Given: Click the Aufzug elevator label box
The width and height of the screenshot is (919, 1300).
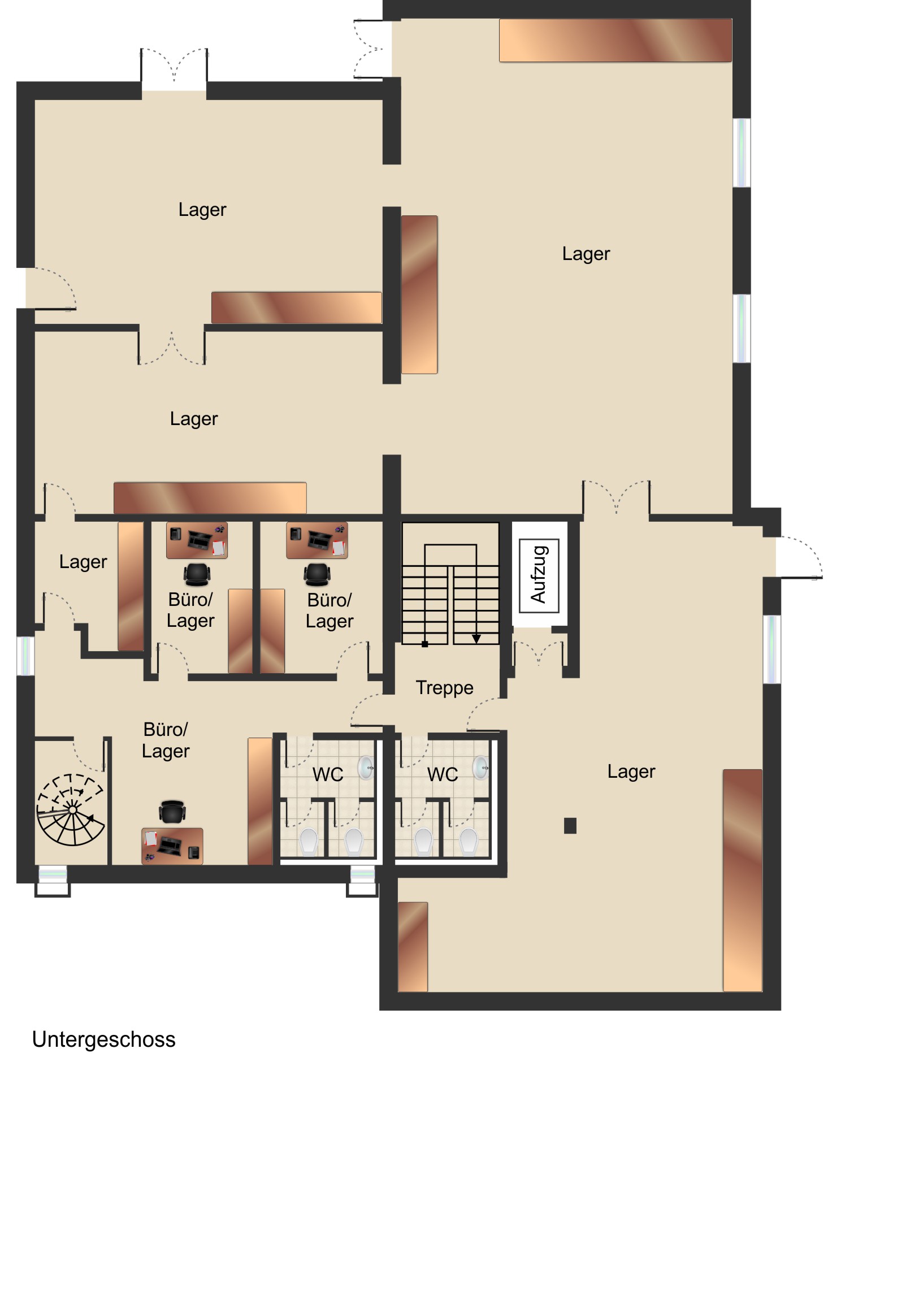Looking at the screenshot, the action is point(539,575).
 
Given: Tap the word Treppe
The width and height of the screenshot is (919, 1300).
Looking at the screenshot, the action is point(444,688).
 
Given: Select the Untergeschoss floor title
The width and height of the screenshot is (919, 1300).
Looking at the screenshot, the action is point(103,1039).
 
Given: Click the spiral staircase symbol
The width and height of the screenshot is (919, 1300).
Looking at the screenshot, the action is point(71,809).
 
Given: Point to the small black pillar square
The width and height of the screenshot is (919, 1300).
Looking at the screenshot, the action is point(570,826).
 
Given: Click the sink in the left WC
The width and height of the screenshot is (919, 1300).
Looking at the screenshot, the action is point(367,768).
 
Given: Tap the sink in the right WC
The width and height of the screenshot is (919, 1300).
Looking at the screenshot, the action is point(482,768).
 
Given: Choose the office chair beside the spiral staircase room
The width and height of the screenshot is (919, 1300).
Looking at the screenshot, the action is point(172,811).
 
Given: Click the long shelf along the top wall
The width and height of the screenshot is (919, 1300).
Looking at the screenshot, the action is point(615,40).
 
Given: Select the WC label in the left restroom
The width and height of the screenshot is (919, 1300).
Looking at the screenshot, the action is point(328,774).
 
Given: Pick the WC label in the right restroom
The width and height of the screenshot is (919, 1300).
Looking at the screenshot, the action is point(442,774).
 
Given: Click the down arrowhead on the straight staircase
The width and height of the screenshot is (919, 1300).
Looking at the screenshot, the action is point(476,639).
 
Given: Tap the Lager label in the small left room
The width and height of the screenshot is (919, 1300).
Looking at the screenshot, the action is point(83,562).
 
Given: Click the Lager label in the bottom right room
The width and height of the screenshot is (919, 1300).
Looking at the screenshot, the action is point(631,771).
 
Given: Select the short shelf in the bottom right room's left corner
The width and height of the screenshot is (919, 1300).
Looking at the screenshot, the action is point(413,947).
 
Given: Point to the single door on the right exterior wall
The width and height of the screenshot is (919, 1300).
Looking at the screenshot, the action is point(799,557).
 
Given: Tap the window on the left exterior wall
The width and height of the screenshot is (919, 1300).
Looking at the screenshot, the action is point(25,656).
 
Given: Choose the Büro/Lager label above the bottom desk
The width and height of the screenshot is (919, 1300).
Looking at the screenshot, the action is point(166,740).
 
